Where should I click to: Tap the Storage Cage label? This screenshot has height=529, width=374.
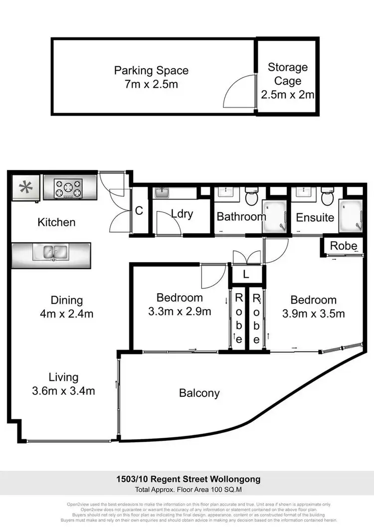point(288,67)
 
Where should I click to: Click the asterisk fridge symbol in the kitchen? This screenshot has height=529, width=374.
point(25,188)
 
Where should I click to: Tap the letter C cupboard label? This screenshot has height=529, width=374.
point(139,211)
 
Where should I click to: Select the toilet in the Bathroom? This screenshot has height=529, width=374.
point(251,197)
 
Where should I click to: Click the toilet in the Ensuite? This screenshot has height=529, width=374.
point(327,197)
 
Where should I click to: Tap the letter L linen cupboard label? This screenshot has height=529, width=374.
point(247,274)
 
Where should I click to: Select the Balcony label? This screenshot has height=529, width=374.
point(199,393)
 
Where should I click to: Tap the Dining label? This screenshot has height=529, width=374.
point(66,300)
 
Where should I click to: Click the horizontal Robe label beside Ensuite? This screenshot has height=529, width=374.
point(344,246)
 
